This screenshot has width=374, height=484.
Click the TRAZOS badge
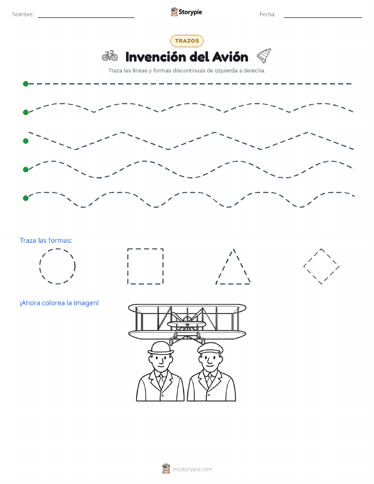click(187, 41)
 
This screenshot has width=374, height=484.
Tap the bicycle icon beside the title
click(110, 56)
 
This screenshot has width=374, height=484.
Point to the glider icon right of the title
click(264, 55)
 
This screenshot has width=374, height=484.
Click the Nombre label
click(23, 14)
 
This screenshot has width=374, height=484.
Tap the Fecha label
click(267, 14)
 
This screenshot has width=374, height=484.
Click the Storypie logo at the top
click(186, 12)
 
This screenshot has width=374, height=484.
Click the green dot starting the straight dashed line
click(26, 83)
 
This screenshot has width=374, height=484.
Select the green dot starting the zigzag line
click(26, 141)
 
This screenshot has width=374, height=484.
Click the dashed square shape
click(128, 266)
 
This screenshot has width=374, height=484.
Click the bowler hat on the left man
click(161, 348)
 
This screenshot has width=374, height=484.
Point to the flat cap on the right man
click(210, 348)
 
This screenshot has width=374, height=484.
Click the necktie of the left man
click(161, 380)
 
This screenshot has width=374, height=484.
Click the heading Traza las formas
click(46, 241)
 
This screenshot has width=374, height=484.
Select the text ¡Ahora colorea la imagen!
click(59, 303)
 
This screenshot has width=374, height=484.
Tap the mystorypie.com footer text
click(192, 469)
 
